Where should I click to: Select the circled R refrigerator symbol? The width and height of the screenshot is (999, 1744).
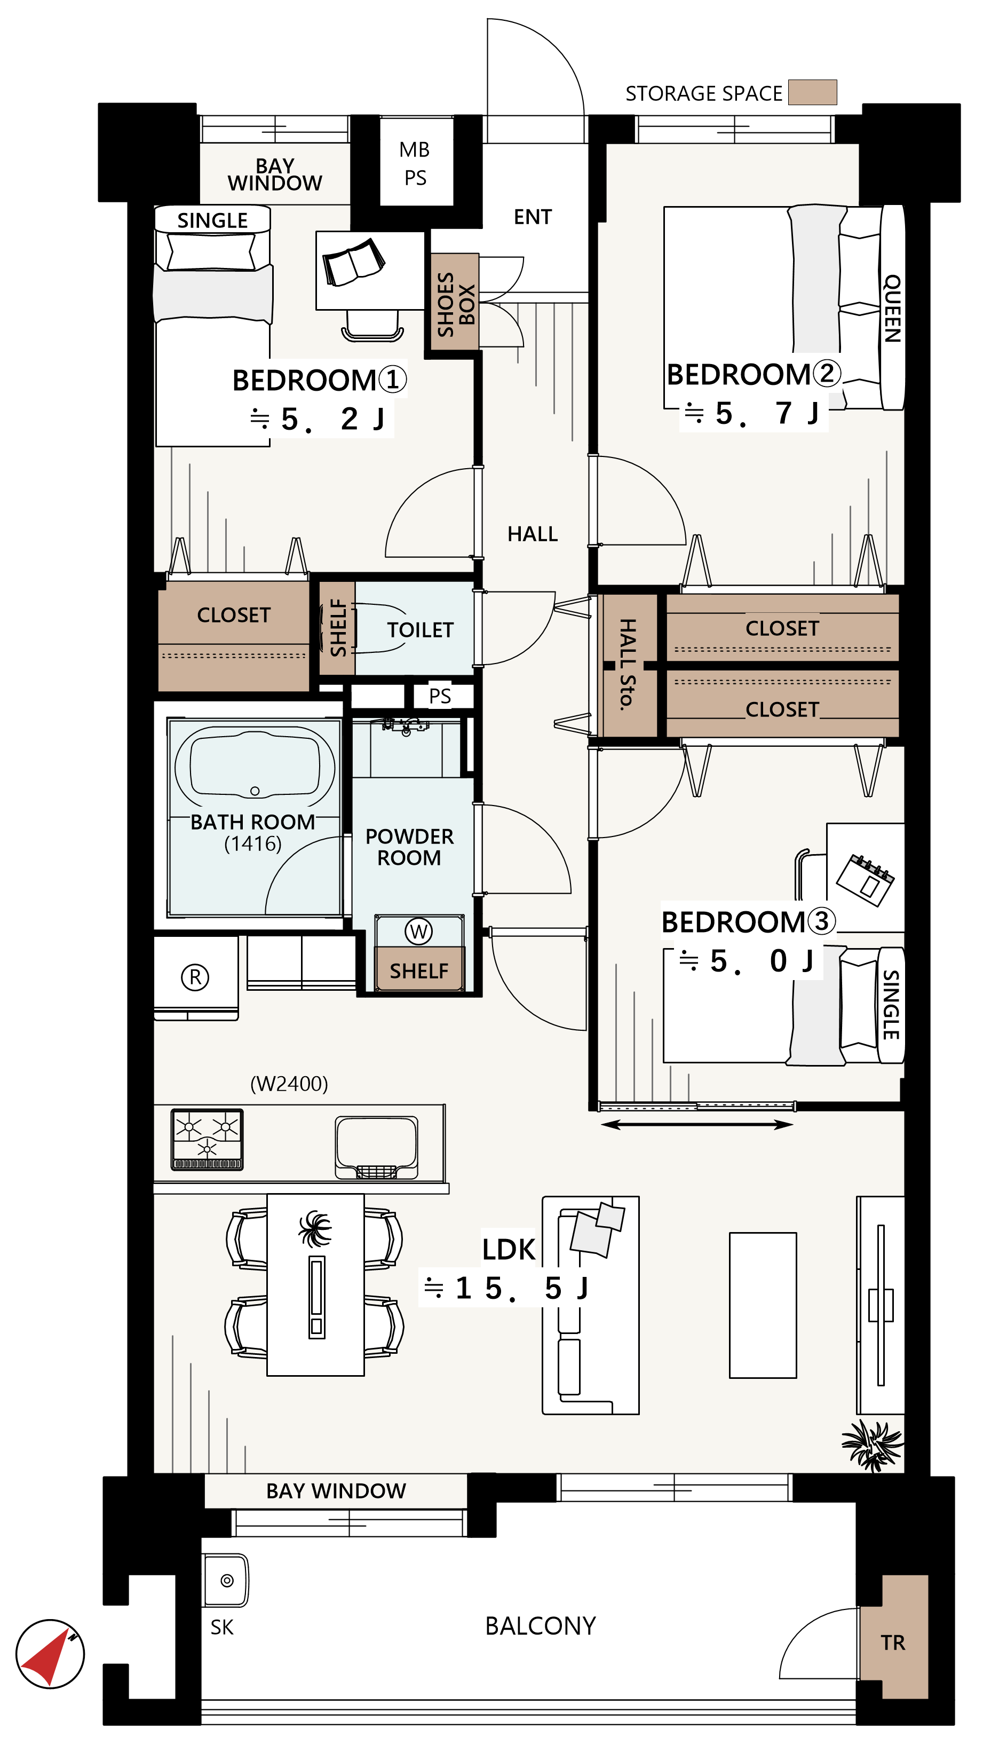point(195,977)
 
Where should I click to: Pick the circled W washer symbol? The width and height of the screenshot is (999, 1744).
point(418,932)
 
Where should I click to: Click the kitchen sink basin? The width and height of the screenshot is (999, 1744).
point(376,1147)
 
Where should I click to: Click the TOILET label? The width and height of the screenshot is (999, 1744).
point(420,630)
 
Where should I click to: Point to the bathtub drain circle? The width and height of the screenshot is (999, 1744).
point(255,791)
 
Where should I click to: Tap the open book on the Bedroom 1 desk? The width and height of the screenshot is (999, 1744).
point(353,262)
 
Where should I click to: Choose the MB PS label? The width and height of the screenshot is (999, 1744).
point(415,163)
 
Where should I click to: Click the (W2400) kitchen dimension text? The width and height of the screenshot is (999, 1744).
point(289,1084)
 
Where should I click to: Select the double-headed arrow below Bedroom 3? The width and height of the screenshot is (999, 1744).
point(697,1125)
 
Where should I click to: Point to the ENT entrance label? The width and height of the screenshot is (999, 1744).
point(533,217)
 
